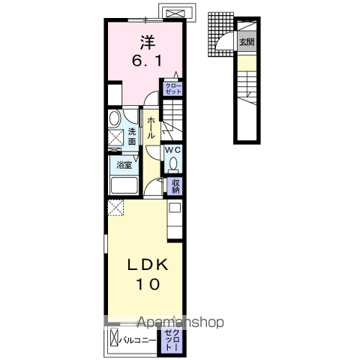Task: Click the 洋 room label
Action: pos(148,43)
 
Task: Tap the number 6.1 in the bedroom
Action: pos(147,61)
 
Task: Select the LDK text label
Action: pos(148,265)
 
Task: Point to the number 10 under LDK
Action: pos(148,284)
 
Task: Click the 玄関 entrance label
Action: pos(247,42)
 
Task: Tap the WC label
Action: pos(173,150)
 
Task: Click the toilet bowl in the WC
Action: pos(173,164)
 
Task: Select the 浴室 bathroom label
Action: pos(124,165)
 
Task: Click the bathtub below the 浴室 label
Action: pos(124,185)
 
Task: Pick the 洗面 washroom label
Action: pos(132,136)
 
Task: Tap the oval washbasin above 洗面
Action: pos(115,118)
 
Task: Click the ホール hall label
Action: pos(151,128)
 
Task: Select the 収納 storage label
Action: pos(175,186)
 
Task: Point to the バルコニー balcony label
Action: pos(137,340)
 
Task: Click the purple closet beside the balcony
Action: pos(172,340)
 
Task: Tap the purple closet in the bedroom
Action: pos(173,88)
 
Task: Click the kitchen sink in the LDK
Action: pos(175,208)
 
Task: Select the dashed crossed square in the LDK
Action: pos(116,208)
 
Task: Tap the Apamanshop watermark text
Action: pos(181,322)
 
